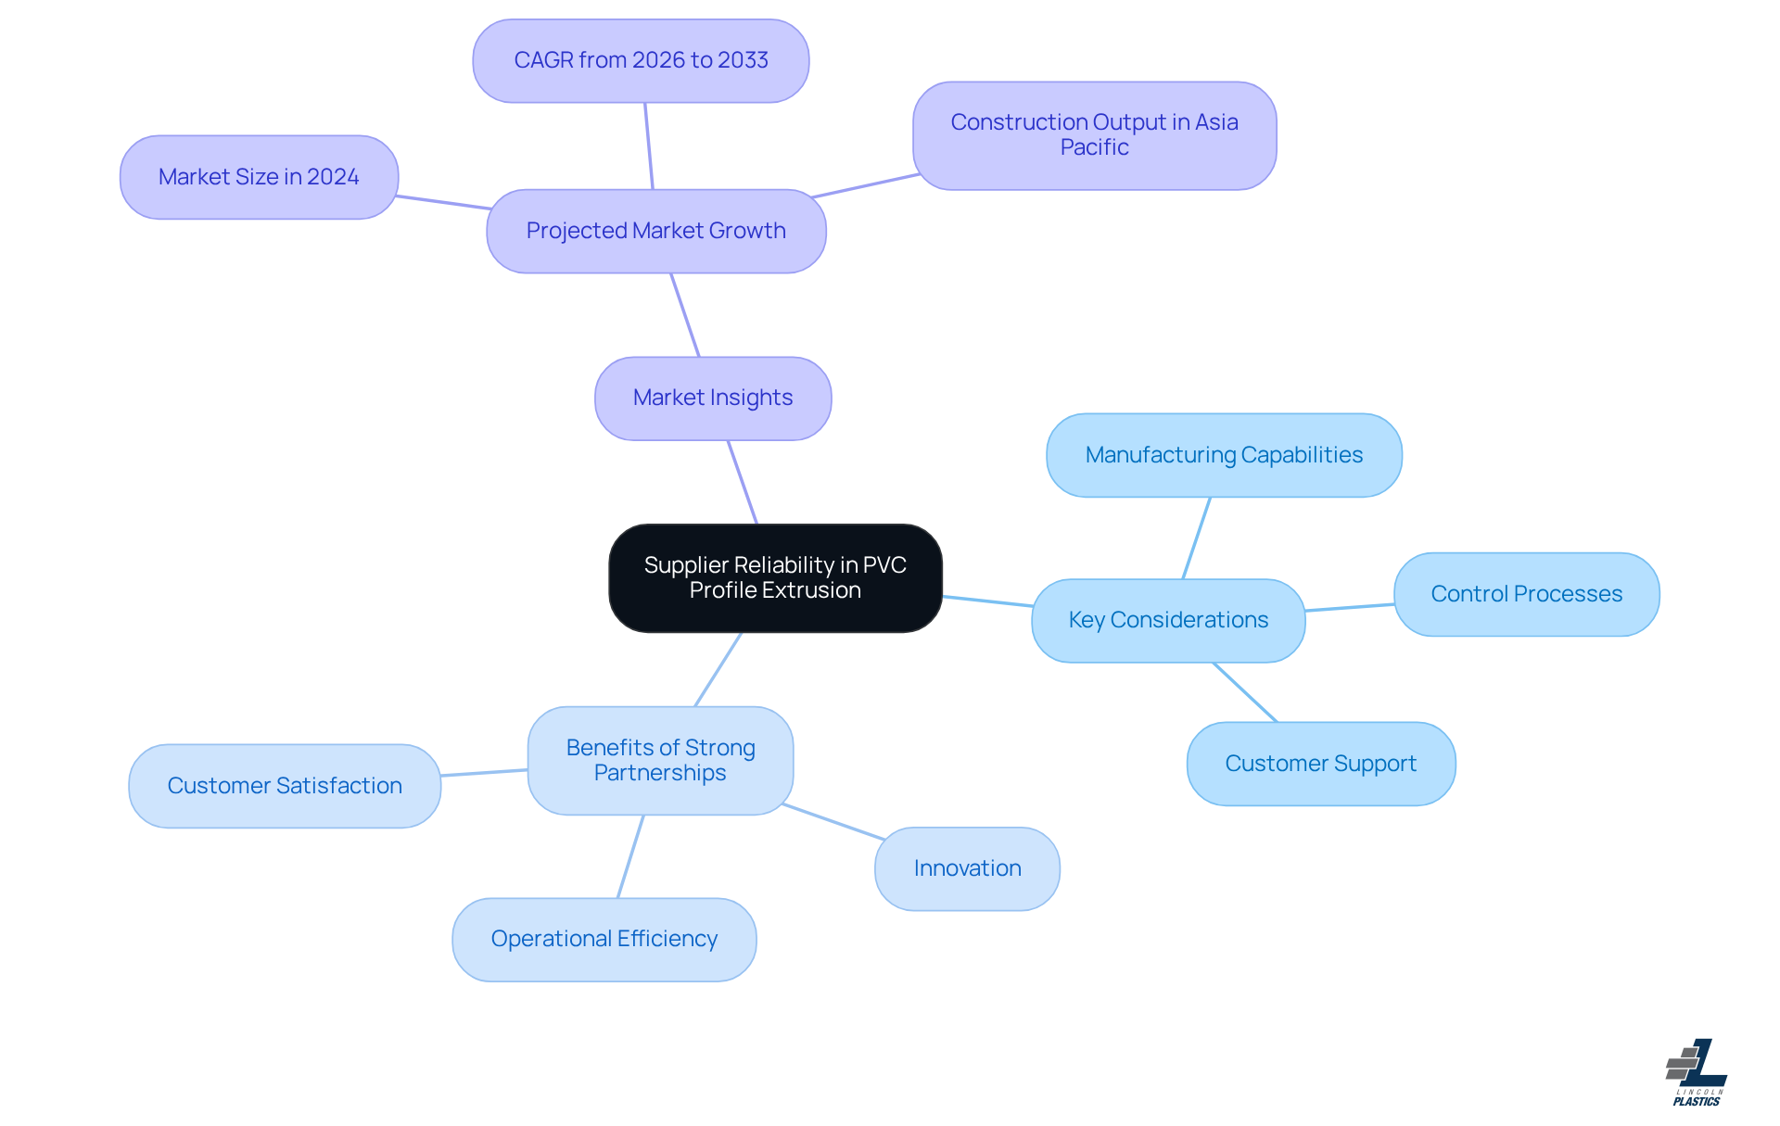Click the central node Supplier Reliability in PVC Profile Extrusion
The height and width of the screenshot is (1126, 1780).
coord(775,578)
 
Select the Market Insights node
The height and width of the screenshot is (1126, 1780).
coord(713,399)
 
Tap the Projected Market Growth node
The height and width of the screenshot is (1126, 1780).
coord(655,232)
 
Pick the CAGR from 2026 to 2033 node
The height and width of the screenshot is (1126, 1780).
coord(641,61)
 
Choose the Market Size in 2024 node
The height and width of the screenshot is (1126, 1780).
coord(259,177)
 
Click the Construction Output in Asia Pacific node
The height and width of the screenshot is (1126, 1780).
coord(1094,135)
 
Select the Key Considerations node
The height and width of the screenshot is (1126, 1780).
coord(1168,621)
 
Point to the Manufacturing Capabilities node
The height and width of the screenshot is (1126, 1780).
coord(1224,455)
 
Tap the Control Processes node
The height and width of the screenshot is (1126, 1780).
coord(1526,594)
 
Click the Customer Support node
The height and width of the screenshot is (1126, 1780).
coord(1320,764)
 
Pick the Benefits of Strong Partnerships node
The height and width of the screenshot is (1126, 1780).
coord(660,761)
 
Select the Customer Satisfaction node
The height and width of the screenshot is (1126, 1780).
coord(285,786)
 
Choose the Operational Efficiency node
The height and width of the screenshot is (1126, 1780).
coord(604,940)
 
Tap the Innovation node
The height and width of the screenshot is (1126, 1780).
coord(967,868)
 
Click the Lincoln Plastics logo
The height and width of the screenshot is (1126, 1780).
coord(1697,1073)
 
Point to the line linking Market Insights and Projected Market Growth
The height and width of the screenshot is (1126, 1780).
coord(685,315)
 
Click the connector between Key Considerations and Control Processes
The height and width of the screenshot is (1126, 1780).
coord(1350,607)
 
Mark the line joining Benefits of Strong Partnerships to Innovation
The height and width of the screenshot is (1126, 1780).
coord(833,822)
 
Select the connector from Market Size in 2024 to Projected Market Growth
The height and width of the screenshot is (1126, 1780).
coord(443,202)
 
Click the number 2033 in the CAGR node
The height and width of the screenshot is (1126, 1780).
coord(743,60)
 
